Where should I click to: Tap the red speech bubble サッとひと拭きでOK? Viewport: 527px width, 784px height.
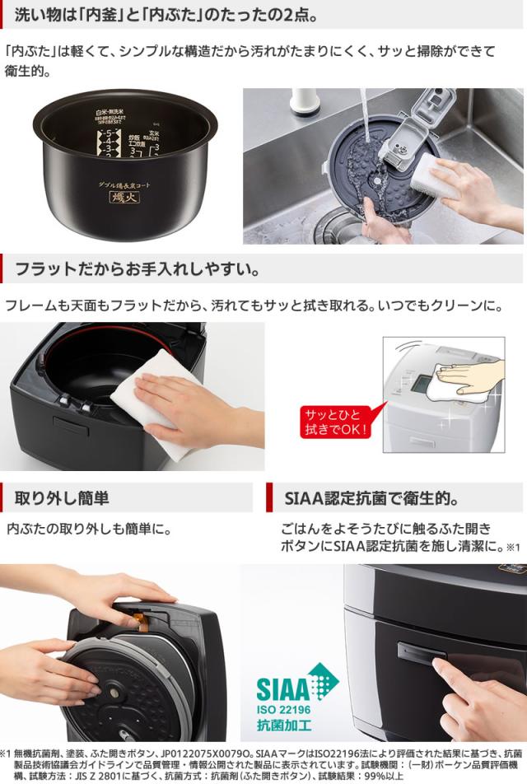pyautogui.click(x=338, y=421)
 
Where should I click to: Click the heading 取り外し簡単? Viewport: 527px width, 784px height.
pyautogui.click(x=62, y=497)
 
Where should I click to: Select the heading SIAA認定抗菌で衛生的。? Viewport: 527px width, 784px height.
pyautogui.click(x=371, y=498)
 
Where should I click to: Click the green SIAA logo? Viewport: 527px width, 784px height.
pyautogui.click(x=297, y=685)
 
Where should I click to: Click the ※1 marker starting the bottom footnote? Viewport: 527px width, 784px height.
pyautogui.click(x=7, y=752)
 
